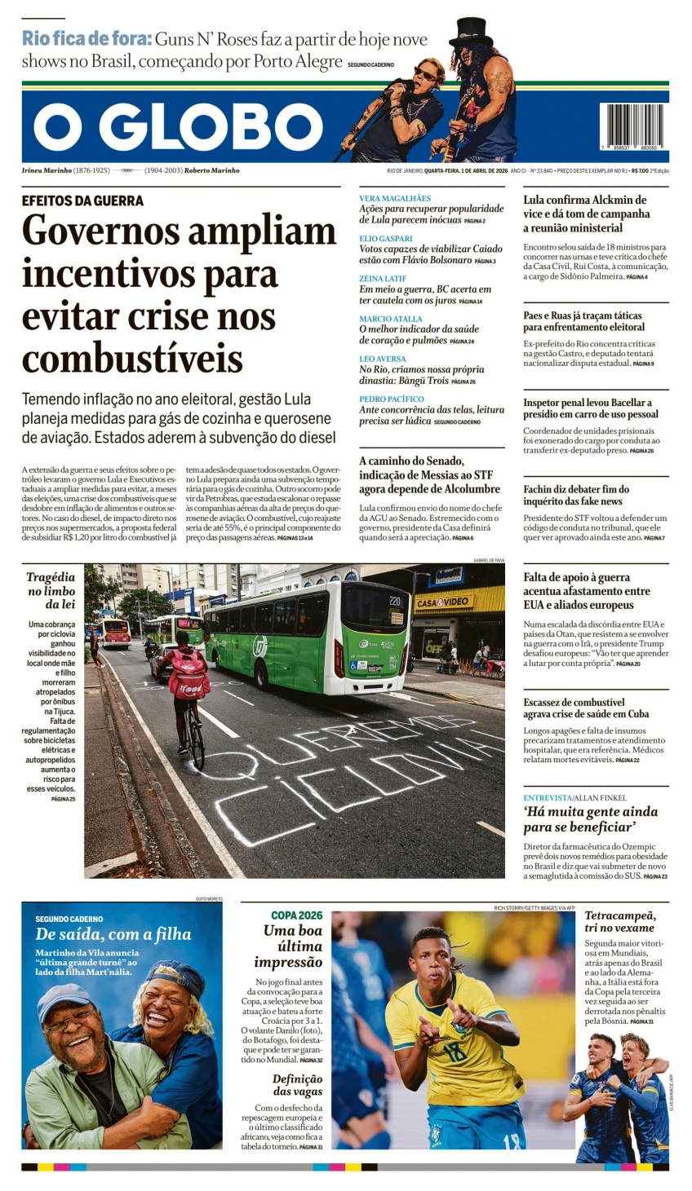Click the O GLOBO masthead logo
[178, 127]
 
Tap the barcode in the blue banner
[631, 125]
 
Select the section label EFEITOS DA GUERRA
[82, 201]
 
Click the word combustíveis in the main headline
[132, 358]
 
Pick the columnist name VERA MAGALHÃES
[395, 198]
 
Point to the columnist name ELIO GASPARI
[386, 238]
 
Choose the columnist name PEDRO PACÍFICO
[392, 399]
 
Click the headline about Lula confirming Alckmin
[586, 214]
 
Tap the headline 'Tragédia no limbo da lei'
[51, 590]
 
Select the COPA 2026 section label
[297, 915]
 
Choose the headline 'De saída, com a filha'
[113, 934]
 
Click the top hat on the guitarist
[471, 32]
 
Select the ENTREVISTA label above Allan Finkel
[548, 797]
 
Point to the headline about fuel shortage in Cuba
[586, 708]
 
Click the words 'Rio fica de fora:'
[86, 38]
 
